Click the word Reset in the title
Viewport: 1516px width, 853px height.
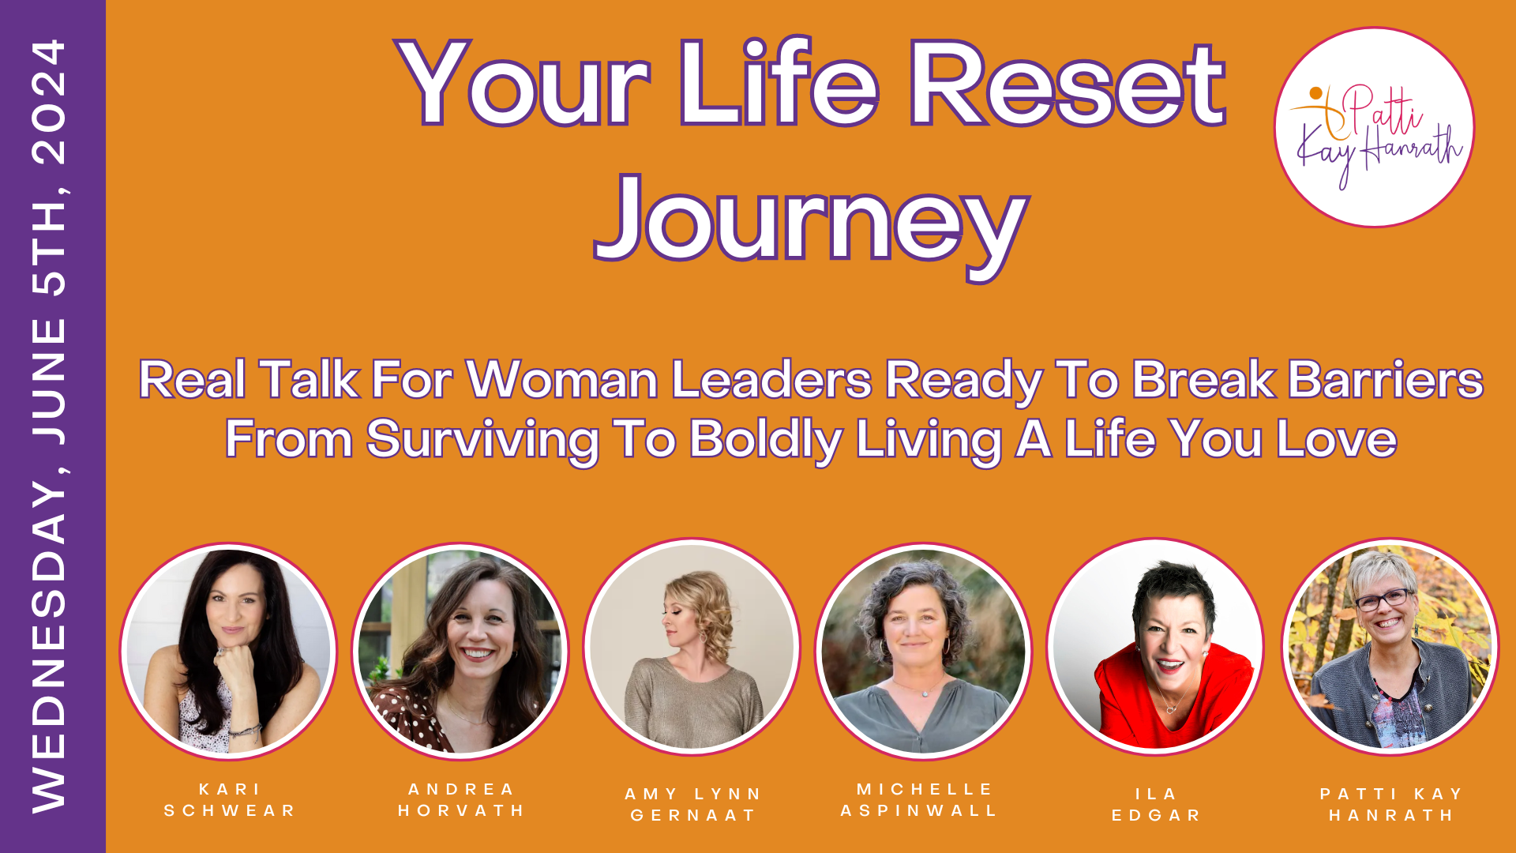(x=1067, y=85)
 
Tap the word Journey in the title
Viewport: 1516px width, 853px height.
(x=812, y=224)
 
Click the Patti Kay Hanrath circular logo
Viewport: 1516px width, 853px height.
(x=1375, y=128)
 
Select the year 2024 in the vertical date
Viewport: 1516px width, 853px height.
(x=49, y=103)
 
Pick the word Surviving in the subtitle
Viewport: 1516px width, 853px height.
(x=482, y=440)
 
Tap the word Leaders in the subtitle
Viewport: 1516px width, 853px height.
(x=771, y=380)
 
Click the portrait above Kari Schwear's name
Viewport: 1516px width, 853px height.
(x=228, y=651)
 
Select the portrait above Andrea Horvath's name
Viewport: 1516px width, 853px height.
(x=460, y=651)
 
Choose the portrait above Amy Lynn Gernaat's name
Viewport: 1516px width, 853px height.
(x=692, y=647)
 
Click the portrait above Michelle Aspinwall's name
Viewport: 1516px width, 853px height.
(x=923, y=651)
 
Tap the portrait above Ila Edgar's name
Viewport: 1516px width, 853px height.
(x=1155, y=647)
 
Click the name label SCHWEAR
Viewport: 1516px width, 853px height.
(x=230, y=810)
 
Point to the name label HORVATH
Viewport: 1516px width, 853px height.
(x=462, y=810)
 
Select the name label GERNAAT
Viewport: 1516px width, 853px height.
(x=694, y=815)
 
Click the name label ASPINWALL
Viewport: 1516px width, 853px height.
(x=920, y=810)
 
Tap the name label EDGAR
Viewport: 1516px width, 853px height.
(x=1157, y=815)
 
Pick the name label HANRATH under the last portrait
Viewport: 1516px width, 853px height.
(x=1392, y=815)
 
